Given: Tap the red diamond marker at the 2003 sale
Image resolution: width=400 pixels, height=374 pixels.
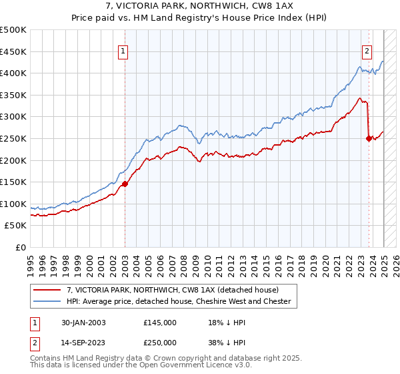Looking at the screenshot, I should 125,184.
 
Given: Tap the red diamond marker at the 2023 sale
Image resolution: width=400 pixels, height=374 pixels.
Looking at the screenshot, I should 369,139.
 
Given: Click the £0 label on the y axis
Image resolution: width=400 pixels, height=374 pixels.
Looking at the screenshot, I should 20,247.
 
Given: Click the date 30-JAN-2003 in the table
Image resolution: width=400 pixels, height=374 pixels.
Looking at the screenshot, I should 84,322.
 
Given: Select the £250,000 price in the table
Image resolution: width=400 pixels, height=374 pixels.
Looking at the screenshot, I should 160,341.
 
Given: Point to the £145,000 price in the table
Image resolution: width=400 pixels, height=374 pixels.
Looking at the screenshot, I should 160,322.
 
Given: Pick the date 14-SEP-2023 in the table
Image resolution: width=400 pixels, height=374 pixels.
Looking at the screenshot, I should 84,341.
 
